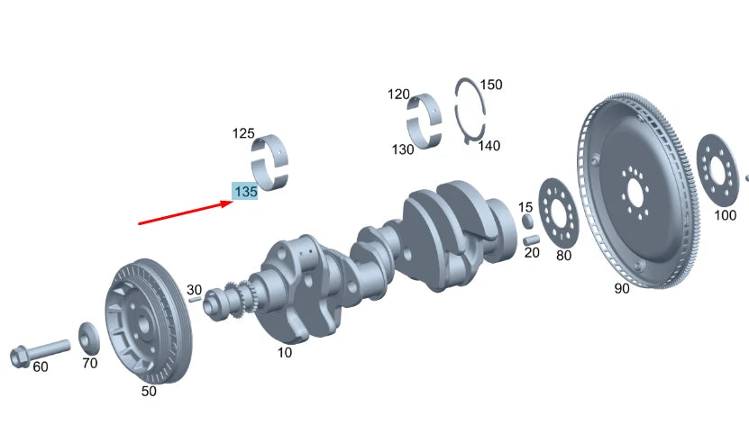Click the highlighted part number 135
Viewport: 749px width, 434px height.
pyautogui.click(x=245, y=192)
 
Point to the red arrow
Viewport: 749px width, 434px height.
pyautogui.click(x=186, y=212)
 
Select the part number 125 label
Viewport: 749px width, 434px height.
pyautogui.click(x=243, y=133)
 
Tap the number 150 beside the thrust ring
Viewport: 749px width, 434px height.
pyautogui.click(x=491, y=85)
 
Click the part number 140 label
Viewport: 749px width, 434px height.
pyautogui.click(x=489, y=146)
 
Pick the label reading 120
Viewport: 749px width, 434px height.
pyautogui.click(x=398, y=94)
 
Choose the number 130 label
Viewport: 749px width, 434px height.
pyautogui.click(x=403, y=149)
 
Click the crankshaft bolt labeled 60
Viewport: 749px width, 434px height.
pyautogui.click(x=38, y=351)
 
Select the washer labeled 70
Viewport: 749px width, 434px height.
pyautogui.click(x=89, y=339)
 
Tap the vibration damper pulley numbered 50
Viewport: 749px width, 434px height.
pyautogui.click(x=148, y=321)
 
